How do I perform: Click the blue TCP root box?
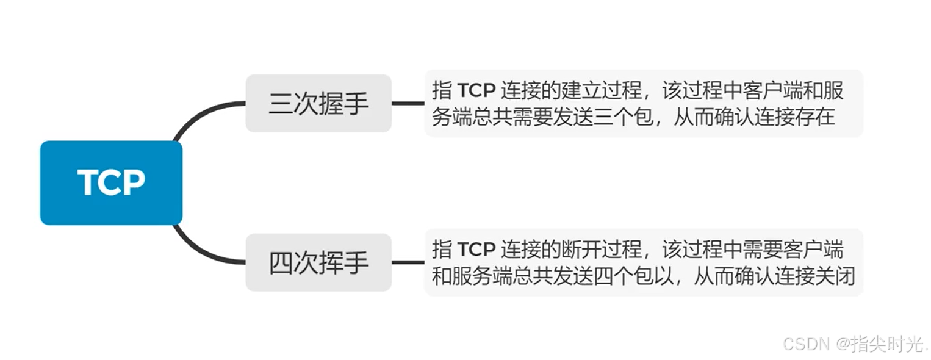111,182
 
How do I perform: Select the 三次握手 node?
318,103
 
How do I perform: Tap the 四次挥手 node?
318,262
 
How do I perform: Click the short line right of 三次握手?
408,103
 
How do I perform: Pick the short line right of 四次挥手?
408,262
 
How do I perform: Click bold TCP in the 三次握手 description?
476,90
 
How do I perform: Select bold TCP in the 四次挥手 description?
476,250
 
